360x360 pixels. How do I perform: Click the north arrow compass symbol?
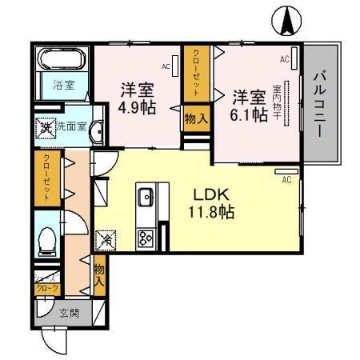tap(286, 21)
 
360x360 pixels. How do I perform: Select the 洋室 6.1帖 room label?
tap(249, 106)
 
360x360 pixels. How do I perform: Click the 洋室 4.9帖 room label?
tap(137, 97)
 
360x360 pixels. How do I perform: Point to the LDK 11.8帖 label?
tap(212, 203)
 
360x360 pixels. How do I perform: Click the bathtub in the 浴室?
tap(63, 61)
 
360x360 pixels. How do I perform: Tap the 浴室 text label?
tap(63, 84)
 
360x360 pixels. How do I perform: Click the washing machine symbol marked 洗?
tap(46, 126)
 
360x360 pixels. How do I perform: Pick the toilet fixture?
tap(48, 238)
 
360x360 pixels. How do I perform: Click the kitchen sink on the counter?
tap(146, 197)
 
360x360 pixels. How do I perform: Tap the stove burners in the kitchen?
tap(146, 237)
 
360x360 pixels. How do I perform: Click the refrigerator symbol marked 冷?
tap(106, 238)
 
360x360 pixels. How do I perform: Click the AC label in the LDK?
tap(286, 180)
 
